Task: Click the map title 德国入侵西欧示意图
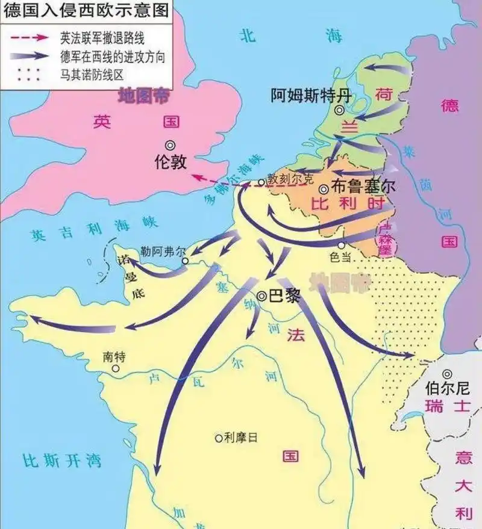[x=84, y=10]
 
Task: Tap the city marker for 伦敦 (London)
[x=171, y=145]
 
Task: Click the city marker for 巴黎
[x=261, y=296]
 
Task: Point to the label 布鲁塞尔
[x=363, y=187]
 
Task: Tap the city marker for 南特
[x=115, y=369]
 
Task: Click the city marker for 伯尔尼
[x=446, y=374]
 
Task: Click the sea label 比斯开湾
[x=61, y=462]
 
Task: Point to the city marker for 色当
[x=342, y=245]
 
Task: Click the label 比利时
[x=348, y=204]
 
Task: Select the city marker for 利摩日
[x=218, y=439]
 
